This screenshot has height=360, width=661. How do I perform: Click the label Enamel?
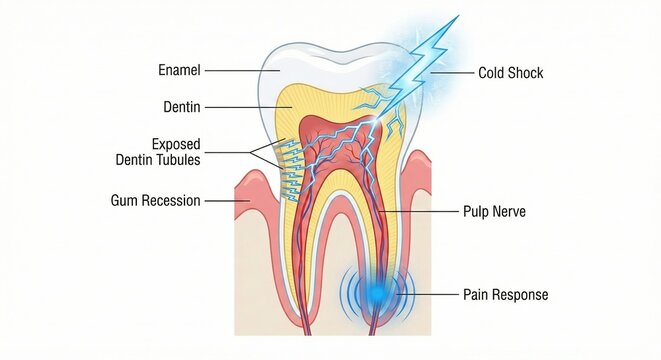(180, 70)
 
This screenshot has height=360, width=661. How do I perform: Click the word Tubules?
(180, 159)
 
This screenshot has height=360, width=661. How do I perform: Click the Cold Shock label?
(510, 73)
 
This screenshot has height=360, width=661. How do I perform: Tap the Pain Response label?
(505, 295)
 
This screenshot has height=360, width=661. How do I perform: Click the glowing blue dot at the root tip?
(377, 293)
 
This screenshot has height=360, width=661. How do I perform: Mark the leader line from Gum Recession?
(221, 201)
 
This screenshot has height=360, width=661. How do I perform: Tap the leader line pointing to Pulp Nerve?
(420, 212)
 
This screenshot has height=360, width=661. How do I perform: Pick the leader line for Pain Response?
(430, 294)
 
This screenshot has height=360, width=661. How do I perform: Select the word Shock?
(526, 73)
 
